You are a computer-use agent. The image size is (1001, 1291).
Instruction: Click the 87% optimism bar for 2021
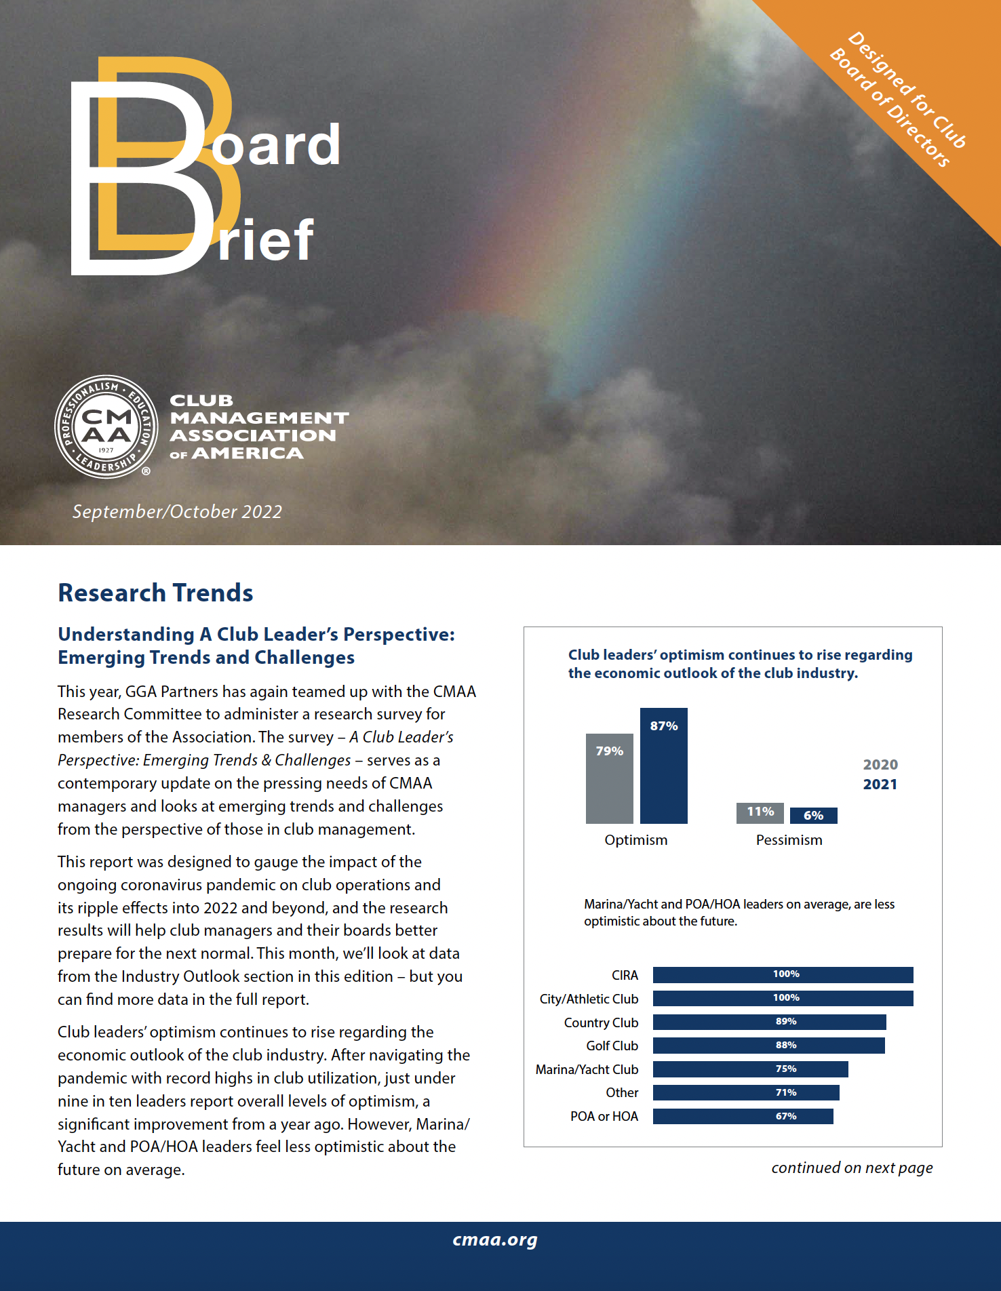coord(663,766)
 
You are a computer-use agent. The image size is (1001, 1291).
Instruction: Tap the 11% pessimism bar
coord(760,812)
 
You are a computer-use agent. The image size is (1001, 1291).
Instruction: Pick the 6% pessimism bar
coord(813,816)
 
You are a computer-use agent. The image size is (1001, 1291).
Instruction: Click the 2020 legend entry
coord(880,765)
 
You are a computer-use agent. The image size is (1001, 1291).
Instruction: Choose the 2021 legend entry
coord(880,784)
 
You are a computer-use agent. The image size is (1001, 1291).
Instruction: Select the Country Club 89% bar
coord(769,1022)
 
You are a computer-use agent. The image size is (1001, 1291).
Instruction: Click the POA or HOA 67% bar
coord(743,1116)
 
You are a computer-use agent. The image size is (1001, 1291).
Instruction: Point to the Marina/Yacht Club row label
coord(587,1069)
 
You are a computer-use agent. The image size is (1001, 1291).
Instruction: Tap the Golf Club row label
coord(612,1046)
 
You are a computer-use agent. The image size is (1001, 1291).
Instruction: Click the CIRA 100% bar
coord(783,974)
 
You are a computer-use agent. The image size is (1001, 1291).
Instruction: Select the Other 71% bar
coord(746,1092)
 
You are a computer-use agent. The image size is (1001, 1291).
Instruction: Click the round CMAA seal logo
coord(106,427)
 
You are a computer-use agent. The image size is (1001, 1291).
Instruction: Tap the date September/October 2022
coord(177,511)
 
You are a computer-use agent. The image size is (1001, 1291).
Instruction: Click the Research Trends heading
coord(155,593)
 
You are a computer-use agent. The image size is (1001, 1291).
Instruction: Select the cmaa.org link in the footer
coord(495,1239)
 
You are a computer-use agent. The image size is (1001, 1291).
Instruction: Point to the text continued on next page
coord(852,1168)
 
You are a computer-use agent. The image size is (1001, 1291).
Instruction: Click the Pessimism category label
coord(789,840)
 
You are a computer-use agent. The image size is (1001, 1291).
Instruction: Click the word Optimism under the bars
coord(635,840)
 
